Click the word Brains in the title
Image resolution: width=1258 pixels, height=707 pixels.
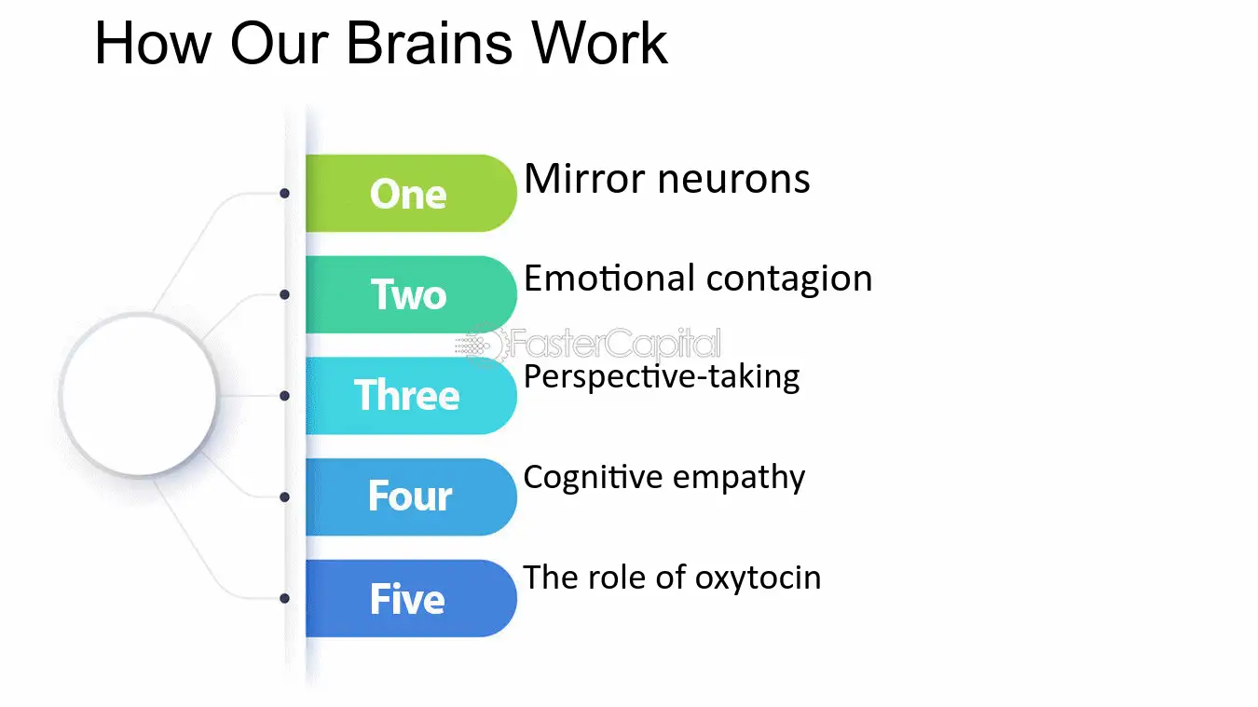pos(429,44)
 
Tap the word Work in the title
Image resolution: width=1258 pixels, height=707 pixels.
pos(600,44)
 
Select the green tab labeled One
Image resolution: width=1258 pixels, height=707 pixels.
pos(411,193)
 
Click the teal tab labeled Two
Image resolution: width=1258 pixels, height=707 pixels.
pos(411,294)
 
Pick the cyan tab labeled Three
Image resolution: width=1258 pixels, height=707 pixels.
pos(411,395)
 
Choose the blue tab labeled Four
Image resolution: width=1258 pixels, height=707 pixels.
pos(411,497)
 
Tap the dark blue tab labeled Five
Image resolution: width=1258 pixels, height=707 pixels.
pos(411,598)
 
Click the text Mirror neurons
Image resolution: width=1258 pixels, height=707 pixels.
pos(666,179)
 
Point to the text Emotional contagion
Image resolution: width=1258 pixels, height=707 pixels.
pos(698,279)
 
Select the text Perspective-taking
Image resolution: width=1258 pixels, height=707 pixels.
pos(662,377)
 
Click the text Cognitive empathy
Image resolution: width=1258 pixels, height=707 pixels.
pos(664,479)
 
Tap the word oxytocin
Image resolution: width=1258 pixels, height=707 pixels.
pos(759,578)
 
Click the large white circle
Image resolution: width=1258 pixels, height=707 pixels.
pos(138,395)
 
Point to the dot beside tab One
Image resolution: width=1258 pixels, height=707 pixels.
pos(285,193)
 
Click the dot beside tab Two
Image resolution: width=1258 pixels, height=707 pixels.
pos(285,294)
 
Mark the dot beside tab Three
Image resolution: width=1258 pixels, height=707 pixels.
pos(285,396)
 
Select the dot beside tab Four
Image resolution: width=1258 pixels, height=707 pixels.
pos(285,497)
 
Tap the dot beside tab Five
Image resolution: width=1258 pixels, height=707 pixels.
pos(285,598)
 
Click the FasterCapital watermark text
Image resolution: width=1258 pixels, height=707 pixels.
pos(615,344)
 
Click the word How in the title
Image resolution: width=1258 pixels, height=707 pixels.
pos(153,44)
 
